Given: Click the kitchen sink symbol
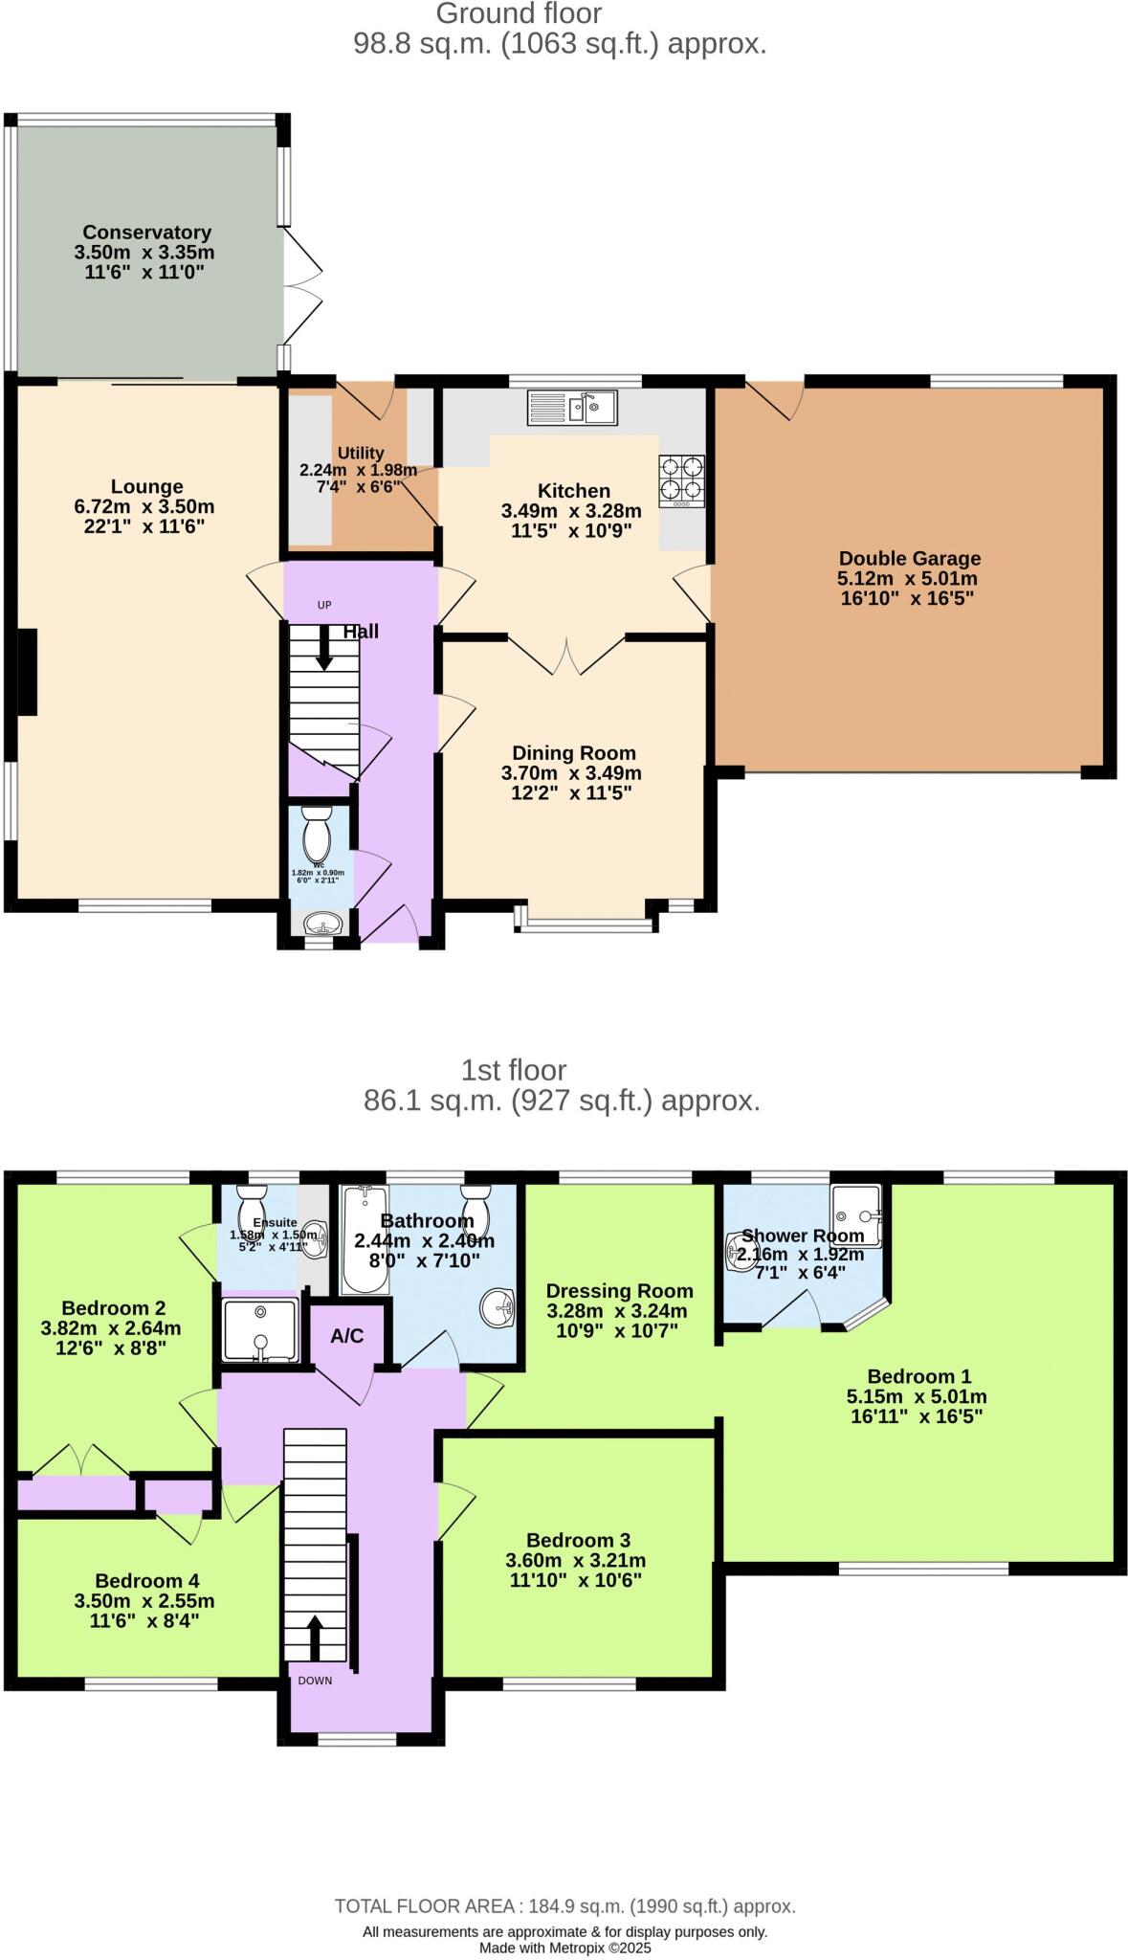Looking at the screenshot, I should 572,408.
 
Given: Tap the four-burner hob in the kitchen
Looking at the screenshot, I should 681,480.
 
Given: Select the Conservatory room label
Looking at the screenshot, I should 146,233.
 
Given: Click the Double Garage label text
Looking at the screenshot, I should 909,558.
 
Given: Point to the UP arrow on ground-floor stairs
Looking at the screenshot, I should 324,648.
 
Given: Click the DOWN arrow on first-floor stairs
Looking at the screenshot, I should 314,1638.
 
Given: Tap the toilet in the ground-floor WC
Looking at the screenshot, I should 316,834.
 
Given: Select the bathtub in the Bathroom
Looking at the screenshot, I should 364,1239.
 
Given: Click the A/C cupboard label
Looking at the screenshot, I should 347,1336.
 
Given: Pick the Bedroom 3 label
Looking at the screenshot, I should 578,1540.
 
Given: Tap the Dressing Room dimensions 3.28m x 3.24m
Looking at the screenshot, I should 617,1311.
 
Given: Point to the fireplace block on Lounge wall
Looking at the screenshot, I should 27,672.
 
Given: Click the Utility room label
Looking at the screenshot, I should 361,453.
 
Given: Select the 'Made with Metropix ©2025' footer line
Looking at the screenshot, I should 564,1948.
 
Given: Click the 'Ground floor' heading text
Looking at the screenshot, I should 519,13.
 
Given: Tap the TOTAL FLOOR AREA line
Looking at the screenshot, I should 564,1906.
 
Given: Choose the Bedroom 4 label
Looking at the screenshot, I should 147,1581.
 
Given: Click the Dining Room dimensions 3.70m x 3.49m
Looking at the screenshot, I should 571,773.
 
